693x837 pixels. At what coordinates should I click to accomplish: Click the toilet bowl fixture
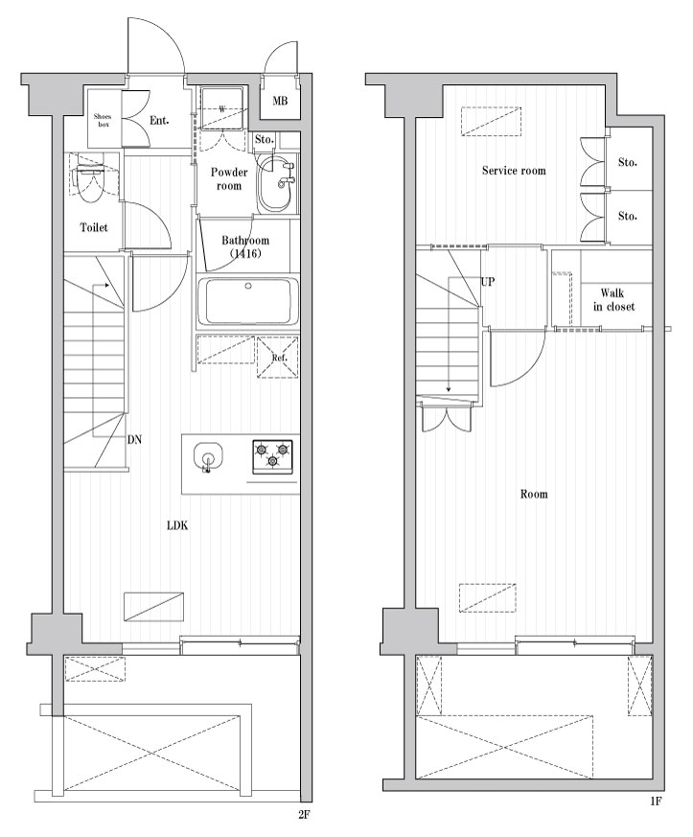tap(92, 182)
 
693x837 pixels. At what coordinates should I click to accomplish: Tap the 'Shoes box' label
tap(103, 120)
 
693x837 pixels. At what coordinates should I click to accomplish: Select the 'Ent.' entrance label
tap(159, 121)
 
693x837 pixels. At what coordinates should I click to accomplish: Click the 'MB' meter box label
tap(280, 101)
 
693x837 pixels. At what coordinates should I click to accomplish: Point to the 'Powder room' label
tap(229, 179)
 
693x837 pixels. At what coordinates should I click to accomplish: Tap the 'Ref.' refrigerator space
tap(277, 357)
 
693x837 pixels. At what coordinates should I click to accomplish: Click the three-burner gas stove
tap(272, 455)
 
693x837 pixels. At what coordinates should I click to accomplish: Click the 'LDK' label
tap(177, 525)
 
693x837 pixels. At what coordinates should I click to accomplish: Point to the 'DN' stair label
tap(134, 440)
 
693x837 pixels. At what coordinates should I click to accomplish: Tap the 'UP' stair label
tap(488, 281)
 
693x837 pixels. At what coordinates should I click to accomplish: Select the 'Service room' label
tap(514, 171)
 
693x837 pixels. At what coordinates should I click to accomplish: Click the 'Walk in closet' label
tap(613, 299)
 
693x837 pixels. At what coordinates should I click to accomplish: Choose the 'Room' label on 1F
tap(534, 495)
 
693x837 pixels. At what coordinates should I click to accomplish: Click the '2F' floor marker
tap(304, 815)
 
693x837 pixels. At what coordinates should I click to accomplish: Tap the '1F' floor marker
tap(656, 801)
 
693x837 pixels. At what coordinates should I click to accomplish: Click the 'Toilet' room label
tap(94, 227)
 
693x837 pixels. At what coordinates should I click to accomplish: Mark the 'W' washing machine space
tap(222, 109)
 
